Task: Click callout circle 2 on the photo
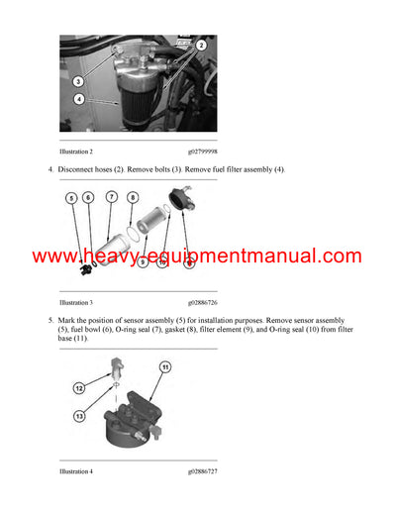click(x=201, y=46)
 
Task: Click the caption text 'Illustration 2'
click(x=76, y=151)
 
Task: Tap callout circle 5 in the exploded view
click(x=70, y=198)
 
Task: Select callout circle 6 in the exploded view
click(x=88, y=198)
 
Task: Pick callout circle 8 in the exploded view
click(x=133, y=198)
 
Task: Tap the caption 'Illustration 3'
click(x=76, y=301)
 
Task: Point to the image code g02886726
click(x=206, y=301)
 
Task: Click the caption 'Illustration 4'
click(x=76, y=471)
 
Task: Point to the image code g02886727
click(x=206, y=471)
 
